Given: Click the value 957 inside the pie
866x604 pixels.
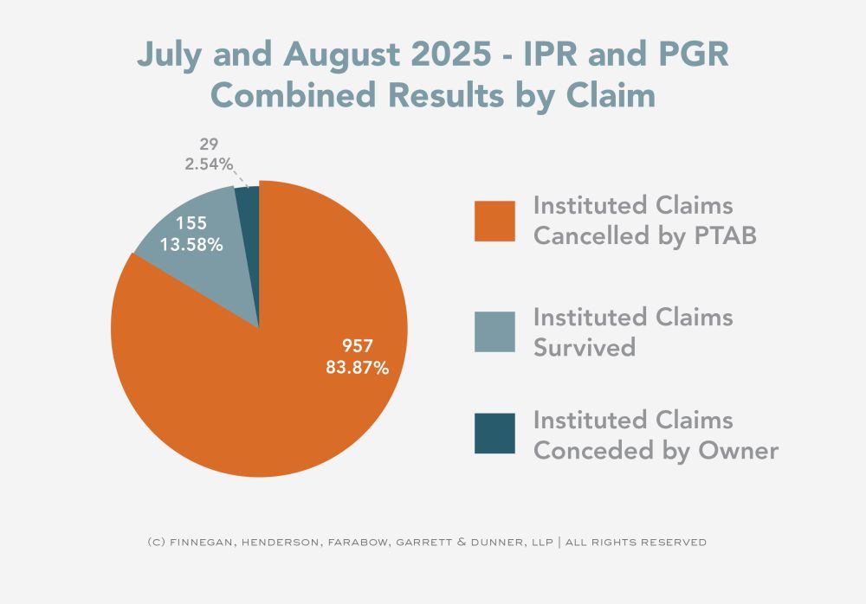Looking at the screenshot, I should click(x=356, y=347).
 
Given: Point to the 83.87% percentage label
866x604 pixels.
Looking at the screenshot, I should click(x=356, y=368).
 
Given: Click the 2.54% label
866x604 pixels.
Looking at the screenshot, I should click(x=208, y=163).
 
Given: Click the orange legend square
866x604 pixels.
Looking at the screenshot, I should click(x=494, y=221).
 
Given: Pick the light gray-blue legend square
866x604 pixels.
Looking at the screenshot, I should click(x=494, y=332).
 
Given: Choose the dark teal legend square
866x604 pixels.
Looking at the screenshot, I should click(x=494, y=434).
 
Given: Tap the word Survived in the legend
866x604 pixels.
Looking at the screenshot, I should click(x=585, y=347).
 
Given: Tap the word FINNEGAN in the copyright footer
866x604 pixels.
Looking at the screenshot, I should click(x=198, y=543).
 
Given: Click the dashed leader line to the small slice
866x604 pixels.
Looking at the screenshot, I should click(x=242, y=177).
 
